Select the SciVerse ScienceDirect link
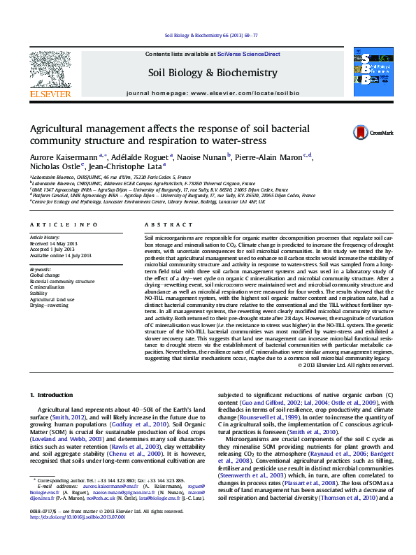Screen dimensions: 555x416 (x=248, y=54)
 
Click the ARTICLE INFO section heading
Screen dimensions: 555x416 (x=64, y=224)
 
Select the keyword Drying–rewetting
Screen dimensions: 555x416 (x=49, y=306)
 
